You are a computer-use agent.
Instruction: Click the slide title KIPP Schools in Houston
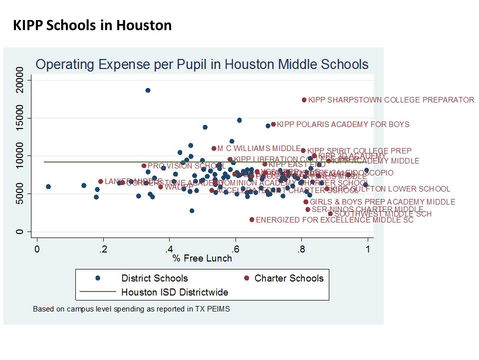coord(92,25)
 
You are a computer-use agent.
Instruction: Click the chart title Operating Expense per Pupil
coord(202,64)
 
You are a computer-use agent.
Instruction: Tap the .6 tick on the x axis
coord(236,248)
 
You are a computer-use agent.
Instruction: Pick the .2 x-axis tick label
coord(103,248)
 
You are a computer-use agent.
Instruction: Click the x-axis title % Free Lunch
coord(202,258)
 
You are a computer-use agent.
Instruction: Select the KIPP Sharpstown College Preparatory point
coord(304,100)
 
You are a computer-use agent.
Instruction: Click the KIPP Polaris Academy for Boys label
coord(343,124)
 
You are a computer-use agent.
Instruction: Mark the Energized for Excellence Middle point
coord(252,219)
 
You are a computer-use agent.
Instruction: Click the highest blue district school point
coord(148,90)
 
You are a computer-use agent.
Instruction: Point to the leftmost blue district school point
coord(48,186)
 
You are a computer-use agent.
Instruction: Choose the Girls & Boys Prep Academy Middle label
coord(382,202)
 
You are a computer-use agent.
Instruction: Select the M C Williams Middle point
coord(214,148)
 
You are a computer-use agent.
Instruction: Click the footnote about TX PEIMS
coord(131,309)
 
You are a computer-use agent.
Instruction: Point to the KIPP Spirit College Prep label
coord(359,151)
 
